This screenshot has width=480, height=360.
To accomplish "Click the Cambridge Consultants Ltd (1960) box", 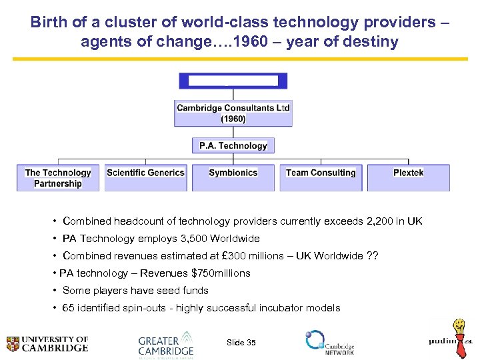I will click(233, 113).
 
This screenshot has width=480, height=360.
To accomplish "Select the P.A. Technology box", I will click(233, 145).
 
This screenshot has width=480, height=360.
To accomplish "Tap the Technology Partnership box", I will click(58, 178).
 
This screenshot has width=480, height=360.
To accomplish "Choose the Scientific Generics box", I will click(145, 178).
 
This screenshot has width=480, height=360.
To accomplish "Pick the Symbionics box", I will click(233, 178).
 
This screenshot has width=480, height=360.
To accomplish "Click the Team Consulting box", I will click(321, 178).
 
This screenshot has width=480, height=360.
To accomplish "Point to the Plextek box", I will click(408, 178).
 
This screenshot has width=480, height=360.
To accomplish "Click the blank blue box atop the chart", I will click(233, 81).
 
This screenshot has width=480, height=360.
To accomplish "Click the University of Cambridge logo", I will click(47, 343).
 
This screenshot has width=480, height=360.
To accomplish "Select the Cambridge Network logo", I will click(329, 341).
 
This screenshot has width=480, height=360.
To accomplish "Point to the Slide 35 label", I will click(241, 343).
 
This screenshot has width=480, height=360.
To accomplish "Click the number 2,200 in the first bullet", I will click(384, 221).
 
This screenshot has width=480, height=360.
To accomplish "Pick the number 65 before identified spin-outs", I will click(69, 308).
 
